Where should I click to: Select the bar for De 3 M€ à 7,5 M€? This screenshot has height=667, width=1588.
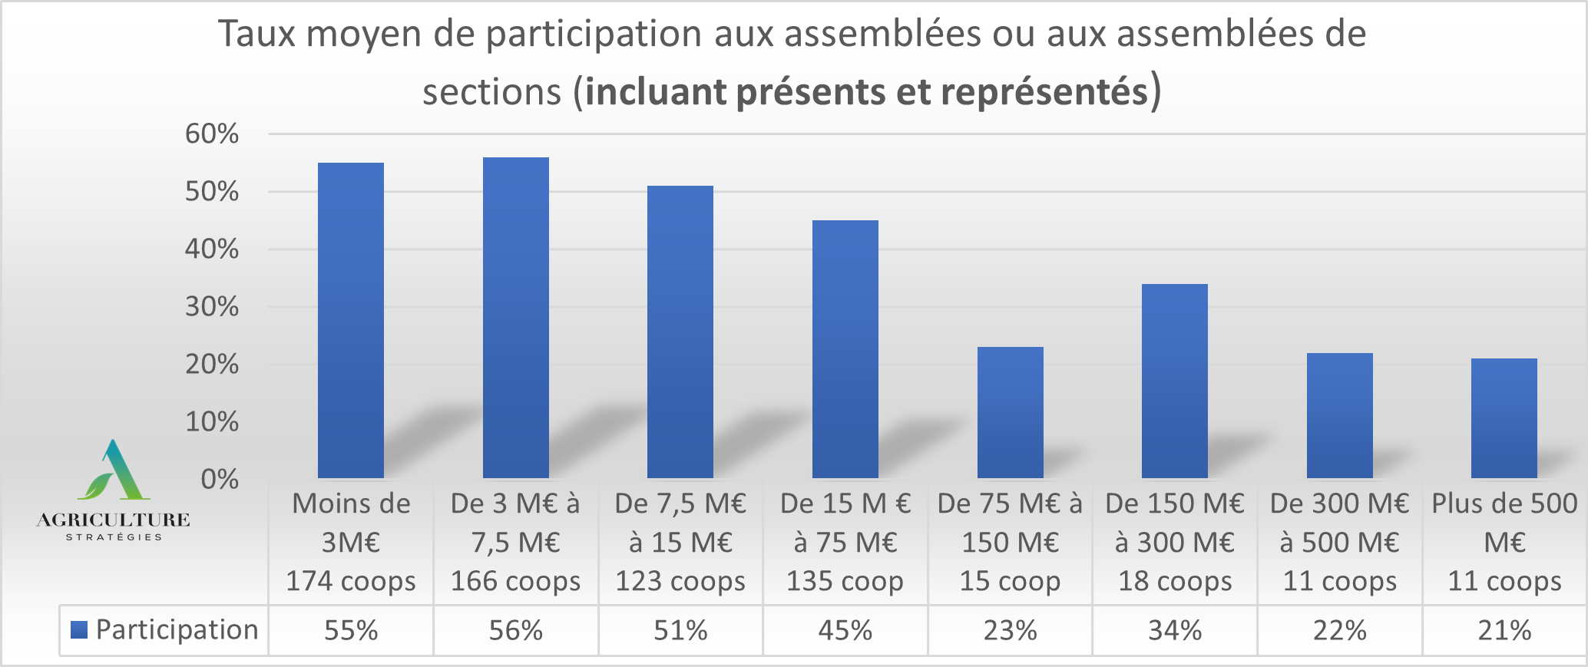[515, 318]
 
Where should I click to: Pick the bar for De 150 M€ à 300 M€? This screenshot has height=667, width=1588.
[1174, 381]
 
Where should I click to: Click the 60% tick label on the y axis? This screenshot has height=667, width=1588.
[212, 134]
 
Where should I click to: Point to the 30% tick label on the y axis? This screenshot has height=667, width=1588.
[212, 307]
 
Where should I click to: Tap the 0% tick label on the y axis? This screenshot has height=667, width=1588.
[220, 480]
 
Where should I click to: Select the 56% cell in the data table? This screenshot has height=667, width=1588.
[516, 631]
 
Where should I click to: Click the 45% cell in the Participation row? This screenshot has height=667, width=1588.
[845, 631]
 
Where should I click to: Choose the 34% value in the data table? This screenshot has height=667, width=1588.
[1174, 631]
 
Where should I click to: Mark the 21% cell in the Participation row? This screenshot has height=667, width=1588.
[1504, 631]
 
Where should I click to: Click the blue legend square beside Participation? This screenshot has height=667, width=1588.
[78, 630]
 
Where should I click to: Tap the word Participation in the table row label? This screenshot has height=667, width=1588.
[177, 630]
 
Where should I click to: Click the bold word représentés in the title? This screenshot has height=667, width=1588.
[1044, 91]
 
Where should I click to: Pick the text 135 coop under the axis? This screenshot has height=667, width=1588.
[845, 582]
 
